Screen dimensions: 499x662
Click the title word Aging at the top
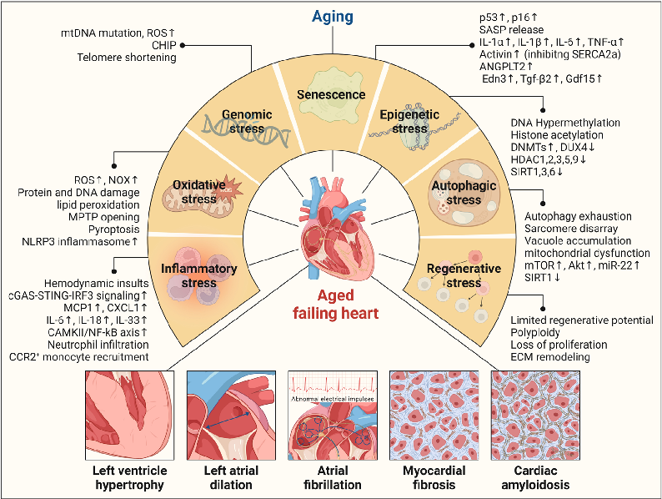pyautogui.click(x=331, y=17)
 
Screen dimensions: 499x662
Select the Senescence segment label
pyautogui.click(x=331, y=95)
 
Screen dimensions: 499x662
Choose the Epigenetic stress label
pyautogui.click(x=412, y=121)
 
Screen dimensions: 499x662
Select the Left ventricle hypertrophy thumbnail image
pyautogui.click(x=129, y=413)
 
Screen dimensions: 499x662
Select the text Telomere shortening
pyautogui.click(x=128, y=58)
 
